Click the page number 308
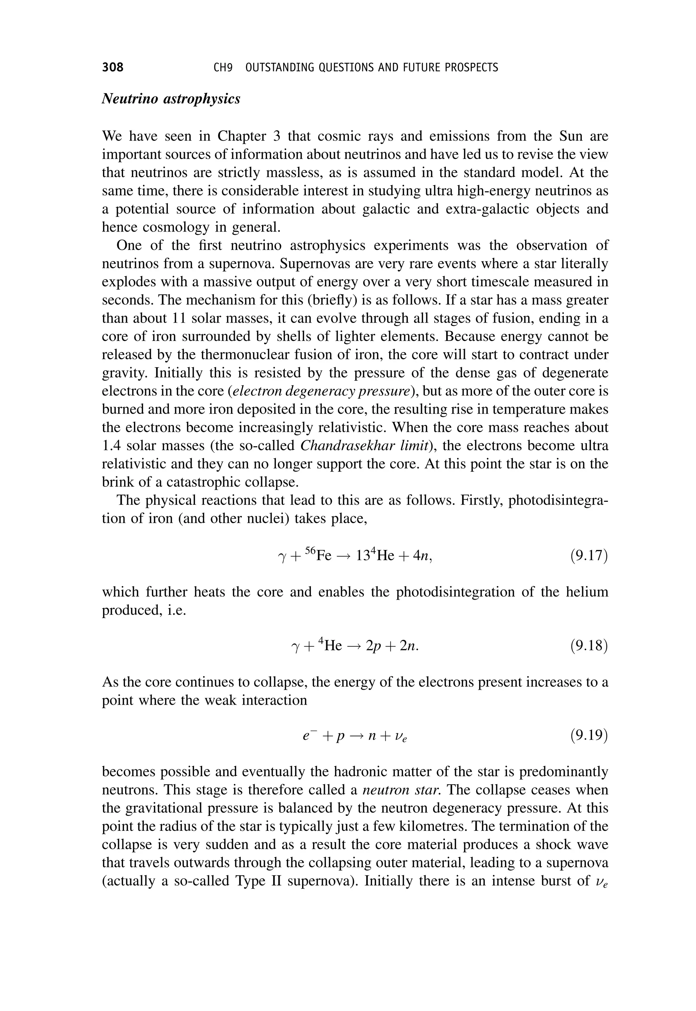tap(112, 67)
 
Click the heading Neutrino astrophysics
tap(171, 99)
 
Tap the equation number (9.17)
tap(589, 556)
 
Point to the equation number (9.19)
tap(589, 735)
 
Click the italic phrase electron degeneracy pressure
tap(322, 391)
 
